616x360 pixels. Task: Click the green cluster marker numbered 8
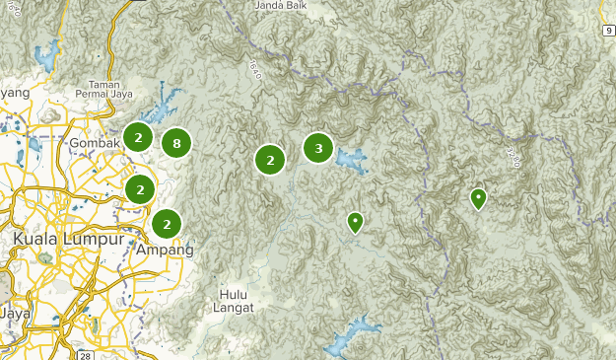[175, 144]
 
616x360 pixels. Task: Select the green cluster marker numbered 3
[317, 148]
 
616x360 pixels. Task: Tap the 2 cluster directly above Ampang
[167, 224]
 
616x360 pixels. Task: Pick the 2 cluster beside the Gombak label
[138, 136]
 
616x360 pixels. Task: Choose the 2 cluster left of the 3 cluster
[269, 159]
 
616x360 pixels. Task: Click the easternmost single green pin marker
[478, 198]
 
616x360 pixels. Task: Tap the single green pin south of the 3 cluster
[355, 222]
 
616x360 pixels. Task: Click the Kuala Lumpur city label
[68, 240]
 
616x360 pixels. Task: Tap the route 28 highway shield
[89, 353]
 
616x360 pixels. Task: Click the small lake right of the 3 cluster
[350, 158]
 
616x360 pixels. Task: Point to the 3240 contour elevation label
[510, 157]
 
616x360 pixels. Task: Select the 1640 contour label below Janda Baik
[255, 70]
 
